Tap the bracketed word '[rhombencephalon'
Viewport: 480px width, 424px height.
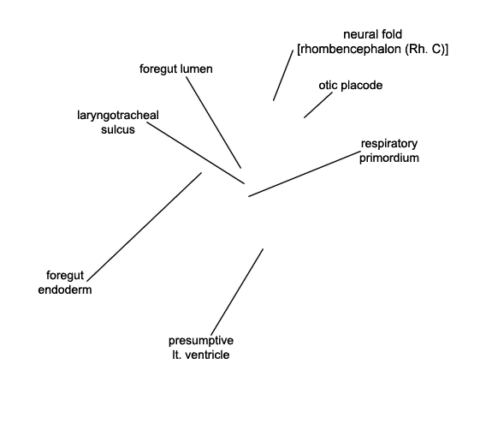pos(349,50)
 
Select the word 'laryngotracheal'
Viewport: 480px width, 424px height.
pos(118,116)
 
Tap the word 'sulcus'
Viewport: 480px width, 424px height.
pos(118,129)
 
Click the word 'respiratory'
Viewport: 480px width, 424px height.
pos(389,144)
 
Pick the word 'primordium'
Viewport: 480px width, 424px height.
pos(389,158)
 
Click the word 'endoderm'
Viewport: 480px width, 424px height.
pos(65,290)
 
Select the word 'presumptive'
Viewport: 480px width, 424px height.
pos(201,341)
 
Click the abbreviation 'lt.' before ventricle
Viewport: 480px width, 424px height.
pos(177,355)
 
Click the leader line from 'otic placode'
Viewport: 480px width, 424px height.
pos(318,105)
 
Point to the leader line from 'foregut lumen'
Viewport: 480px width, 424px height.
pos(214,122)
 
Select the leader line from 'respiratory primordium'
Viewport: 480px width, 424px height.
pos(305,174)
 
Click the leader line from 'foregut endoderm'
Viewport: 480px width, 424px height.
pos(145,227)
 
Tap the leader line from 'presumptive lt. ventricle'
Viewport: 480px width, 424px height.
pos(237,292)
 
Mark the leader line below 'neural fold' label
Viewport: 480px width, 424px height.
pos(283,75)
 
